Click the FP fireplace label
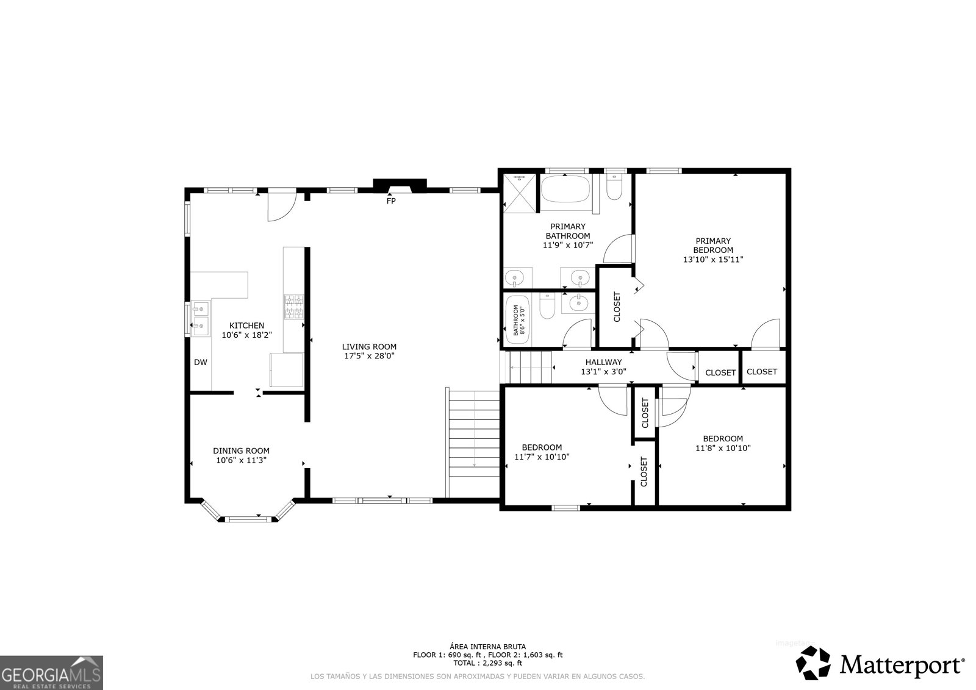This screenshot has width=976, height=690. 391,201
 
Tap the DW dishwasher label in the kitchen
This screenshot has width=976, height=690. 201,362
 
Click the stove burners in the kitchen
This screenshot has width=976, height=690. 293,307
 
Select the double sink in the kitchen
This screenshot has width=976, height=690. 199,319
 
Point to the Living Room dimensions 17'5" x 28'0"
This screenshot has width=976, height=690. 368,356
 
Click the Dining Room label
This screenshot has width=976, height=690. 241,451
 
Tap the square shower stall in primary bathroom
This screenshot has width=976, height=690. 520,192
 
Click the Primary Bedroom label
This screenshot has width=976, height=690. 712,246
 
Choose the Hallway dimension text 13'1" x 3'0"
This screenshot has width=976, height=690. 603,371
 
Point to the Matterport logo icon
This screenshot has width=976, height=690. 814,663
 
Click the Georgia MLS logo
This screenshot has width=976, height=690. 51,672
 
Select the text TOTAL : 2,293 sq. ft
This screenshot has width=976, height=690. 487,663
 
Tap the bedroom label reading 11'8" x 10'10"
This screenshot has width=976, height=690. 722,447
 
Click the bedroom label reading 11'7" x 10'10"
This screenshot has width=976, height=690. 542,457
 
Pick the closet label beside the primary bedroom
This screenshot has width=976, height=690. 616,307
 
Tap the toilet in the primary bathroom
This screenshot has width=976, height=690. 614,187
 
